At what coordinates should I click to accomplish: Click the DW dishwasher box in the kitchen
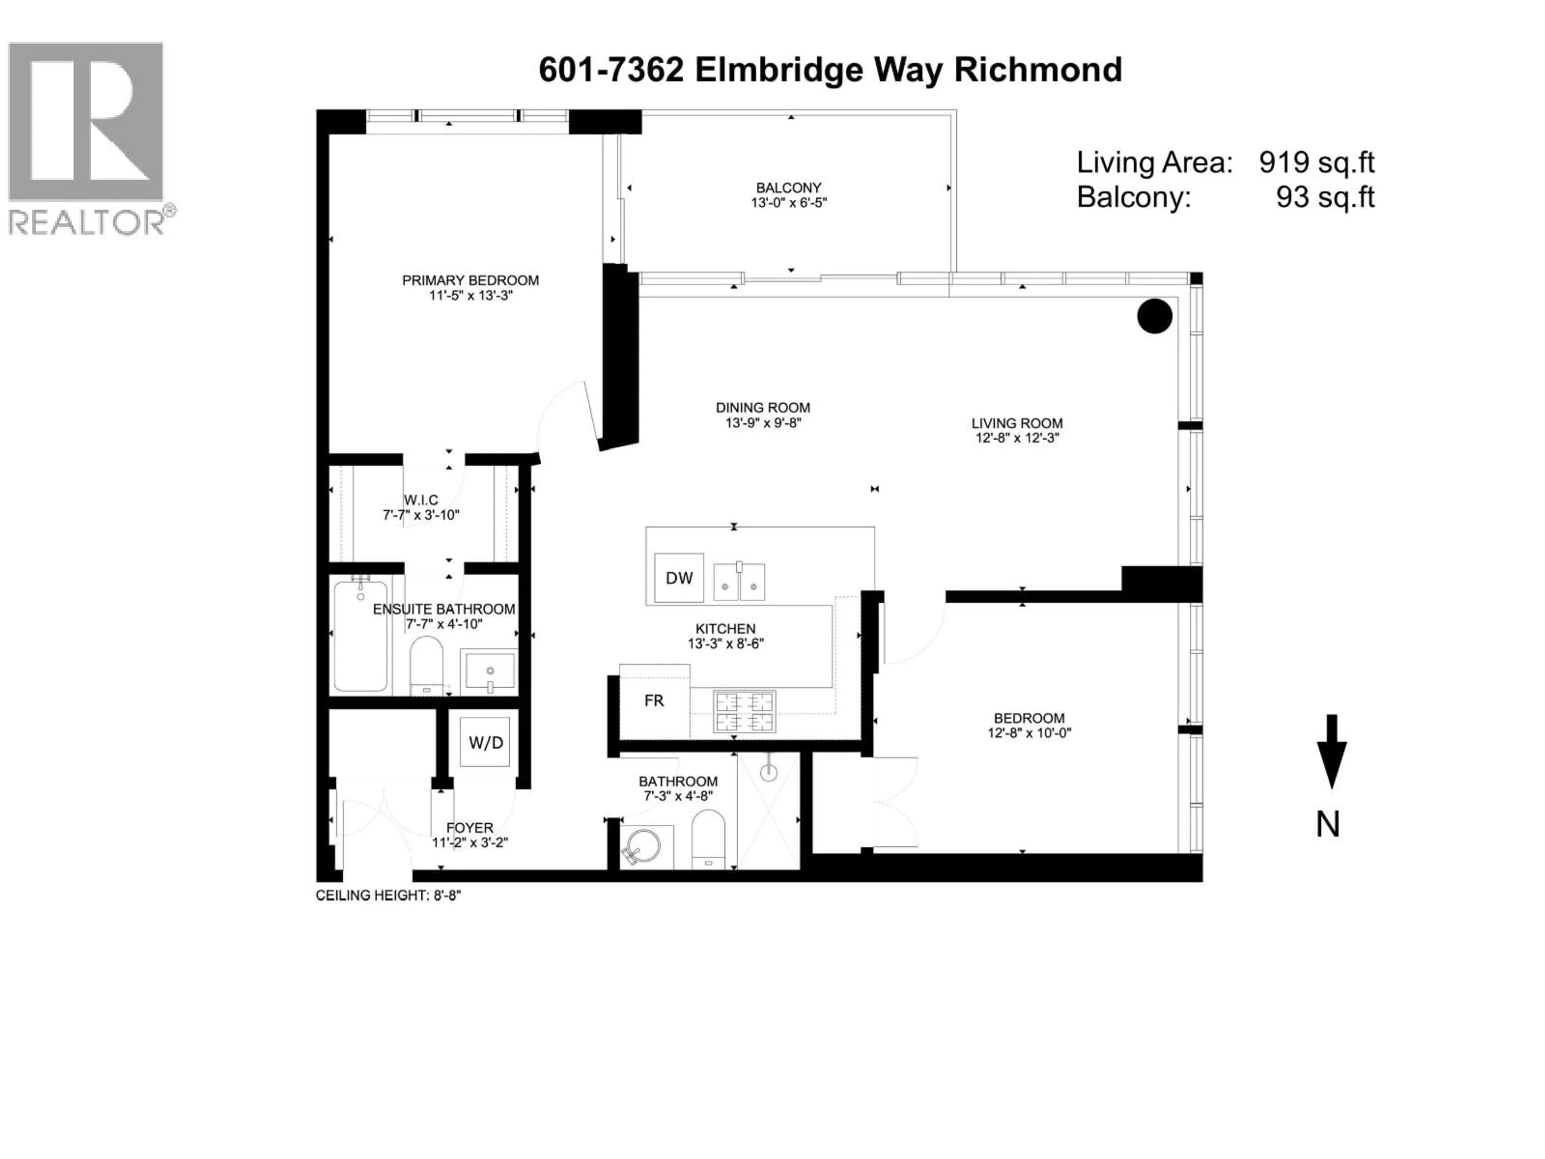679,578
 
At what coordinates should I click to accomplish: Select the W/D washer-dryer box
486,742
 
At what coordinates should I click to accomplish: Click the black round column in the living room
1155,316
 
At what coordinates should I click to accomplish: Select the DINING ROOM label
763,407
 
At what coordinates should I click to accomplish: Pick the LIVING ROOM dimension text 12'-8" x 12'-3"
1017,438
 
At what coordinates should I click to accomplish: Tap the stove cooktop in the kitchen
744,711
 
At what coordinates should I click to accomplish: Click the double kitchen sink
739,581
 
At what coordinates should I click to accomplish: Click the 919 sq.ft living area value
1316,162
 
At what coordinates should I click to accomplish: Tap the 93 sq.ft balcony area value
1325,197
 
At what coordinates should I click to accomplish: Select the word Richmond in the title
1038,70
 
